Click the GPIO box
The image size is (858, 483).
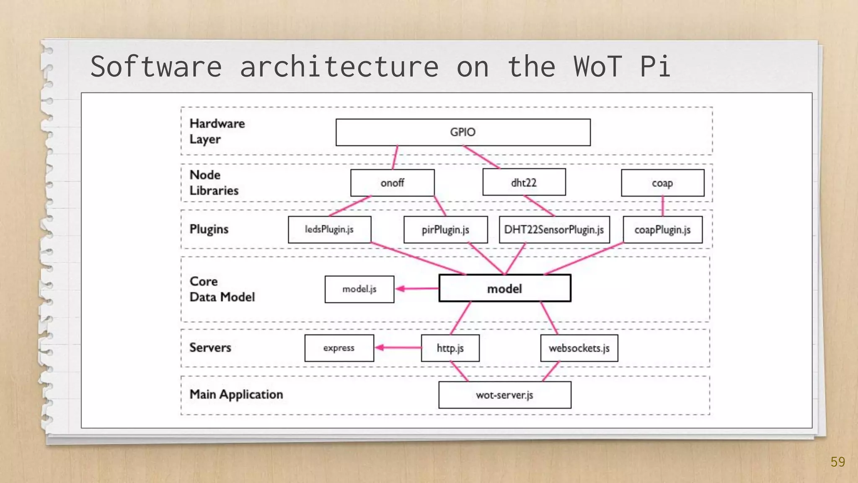(x=463, y=132)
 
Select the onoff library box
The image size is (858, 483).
(x=392, y=183)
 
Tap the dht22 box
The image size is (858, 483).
(x=524, y=182)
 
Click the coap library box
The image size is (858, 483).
(x=662, y=183)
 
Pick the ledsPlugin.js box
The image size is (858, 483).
(x=329, y=229)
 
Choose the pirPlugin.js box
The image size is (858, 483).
(x=445, y=230)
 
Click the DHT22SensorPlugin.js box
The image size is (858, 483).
(x=554, y=230)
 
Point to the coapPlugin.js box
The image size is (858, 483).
(x=662, y=230)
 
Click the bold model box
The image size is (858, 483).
(x=504, y=288)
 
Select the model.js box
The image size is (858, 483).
(x=359, y=289)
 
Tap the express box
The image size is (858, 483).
(x=339, y=348)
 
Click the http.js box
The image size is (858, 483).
(x=450, y=348)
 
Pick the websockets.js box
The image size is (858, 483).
(x=579, y=348)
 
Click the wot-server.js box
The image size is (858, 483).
(x=504, y=395)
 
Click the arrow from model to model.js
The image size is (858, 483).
(x=417, y=288)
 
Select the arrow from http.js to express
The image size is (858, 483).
(x=398, y=348)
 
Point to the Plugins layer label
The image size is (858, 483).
(x=209, y=229)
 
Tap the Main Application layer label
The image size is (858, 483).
(x=236, y=395)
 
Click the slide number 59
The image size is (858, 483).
(x=837, y=462)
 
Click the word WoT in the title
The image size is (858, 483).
(x=597, y=66)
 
